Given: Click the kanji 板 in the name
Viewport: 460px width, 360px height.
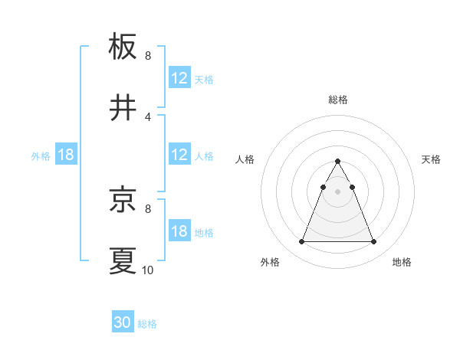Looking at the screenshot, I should [123, 47].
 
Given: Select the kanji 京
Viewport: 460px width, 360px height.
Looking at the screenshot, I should [123, 200].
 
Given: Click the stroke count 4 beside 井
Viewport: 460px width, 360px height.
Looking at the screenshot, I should [148, 116].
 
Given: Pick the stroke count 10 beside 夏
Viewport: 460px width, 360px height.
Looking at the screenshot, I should [148, 270].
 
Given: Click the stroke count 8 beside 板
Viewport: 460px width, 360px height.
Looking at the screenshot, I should [148, 56].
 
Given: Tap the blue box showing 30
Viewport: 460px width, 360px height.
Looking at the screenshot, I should [123, 323].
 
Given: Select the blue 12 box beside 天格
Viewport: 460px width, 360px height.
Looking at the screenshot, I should [179, 78].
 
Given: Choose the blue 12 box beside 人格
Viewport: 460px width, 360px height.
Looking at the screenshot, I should [179, 155].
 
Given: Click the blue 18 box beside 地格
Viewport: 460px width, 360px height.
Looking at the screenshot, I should [179, 231].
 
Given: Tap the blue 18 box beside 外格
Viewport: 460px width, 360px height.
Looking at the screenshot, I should [66, 155].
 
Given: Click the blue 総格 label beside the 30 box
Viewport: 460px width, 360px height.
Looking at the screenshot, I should [147, 324].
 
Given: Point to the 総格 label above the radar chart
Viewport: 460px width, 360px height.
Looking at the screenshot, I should [338, 100].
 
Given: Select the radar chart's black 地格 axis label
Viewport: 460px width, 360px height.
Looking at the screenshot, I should [402, 262].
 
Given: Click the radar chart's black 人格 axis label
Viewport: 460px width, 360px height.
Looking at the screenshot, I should [245, 159].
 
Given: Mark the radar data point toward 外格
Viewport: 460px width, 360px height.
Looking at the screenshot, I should [301, 242].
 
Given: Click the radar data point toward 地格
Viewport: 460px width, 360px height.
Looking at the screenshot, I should [374, 242].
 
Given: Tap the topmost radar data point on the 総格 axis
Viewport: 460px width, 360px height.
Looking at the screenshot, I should [337, 162].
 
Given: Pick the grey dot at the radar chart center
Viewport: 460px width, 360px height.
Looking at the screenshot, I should [337, 191].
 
